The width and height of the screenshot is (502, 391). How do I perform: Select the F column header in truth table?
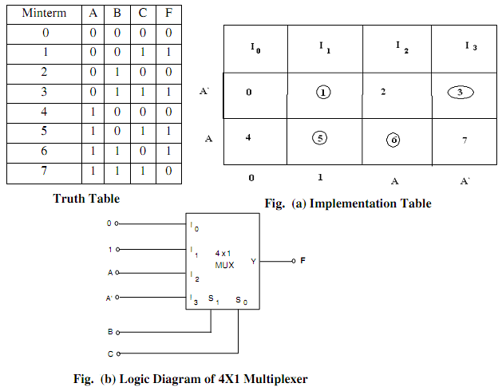click(167, 14)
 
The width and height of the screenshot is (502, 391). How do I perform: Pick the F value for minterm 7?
click(167, 172)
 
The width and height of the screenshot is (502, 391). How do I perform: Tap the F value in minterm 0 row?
click(167, 33)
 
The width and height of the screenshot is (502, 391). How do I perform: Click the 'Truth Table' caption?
click(86, 198)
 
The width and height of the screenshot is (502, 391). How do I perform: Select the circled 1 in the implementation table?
click(322, 92)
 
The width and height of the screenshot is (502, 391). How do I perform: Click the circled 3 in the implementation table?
click(460, 92)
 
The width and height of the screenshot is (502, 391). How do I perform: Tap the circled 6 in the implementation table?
click(393, 139)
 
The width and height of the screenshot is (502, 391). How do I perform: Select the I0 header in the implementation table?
click(255, 49)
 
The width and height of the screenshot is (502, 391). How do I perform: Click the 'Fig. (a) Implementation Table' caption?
click(348, 203)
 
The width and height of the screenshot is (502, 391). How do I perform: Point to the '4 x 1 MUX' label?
click(224, 259)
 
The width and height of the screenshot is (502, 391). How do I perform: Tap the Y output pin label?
click(253, 261)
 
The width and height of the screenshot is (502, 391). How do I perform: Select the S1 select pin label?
click(211, 300)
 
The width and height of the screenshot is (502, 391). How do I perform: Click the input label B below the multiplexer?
click(110, 331)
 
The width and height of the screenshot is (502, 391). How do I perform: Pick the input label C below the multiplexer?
click(110, 353)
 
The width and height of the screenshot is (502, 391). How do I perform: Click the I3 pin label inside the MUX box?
click(194, 299)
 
